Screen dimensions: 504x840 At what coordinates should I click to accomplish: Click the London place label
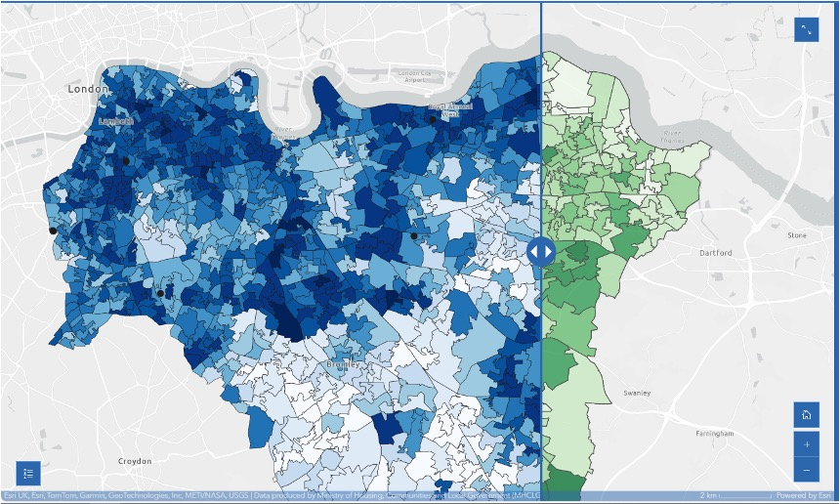(x=89, y=89)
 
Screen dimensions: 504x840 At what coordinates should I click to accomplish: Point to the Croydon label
(x=134, y=461)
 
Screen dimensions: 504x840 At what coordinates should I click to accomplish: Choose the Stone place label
(x=797, y=235)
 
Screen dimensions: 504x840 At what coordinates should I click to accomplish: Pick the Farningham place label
(x=714, y=433)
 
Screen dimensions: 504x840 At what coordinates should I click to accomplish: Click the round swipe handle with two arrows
(x=541, y=251)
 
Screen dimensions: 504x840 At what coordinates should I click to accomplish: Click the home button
(x=806, y=415)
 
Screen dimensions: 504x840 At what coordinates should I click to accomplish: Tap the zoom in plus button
(x=806, y=444)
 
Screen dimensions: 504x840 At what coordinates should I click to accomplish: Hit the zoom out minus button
(x=806, y=471)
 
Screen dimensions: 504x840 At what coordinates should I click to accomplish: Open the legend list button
(x=28, y=473)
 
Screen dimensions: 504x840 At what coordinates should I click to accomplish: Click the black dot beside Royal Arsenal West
(x=432, y=120)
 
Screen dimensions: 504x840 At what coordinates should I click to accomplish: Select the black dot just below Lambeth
(x=126, y=161)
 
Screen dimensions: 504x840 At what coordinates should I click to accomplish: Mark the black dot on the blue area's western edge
(x=53, y=231)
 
